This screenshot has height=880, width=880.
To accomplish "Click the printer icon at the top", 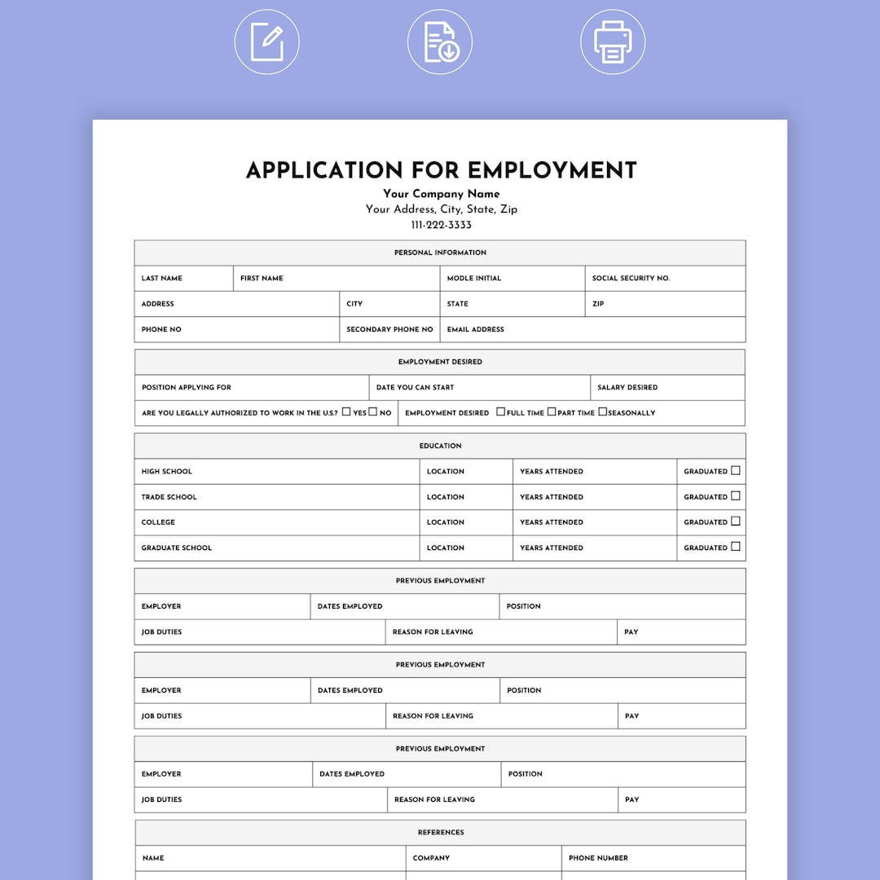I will [x=613, y=42].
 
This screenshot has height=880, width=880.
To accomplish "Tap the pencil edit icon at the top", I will [x=267, y=42].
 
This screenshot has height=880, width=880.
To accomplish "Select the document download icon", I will [x=440, y=42].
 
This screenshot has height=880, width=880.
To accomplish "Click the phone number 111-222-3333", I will [x=441, y=225].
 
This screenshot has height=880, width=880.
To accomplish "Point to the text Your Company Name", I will [x=441, y=194].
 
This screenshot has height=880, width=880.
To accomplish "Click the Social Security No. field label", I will [x=631, y=279].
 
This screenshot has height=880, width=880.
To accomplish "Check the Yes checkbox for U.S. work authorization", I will [x=346, y=412].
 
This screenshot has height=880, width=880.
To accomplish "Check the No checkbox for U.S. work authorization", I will [x=373, y=412].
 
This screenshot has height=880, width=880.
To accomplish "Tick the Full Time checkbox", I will [x=500, y=412].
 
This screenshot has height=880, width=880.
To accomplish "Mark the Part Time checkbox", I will [x=552, y=412].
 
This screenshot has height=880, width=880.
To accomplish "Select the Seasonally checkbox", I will [x=603, y=412].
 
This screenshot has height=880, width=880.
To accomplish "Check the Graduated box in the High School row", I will [x=736, y=470].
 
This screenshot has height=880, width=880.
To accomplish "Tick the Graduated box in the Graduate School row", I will [x=736, y=547].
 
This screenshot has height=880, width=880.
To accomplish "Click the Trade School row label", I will [x=169, y=497].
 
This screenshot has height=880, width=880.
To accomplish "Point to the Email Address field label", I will [x=475, y=330].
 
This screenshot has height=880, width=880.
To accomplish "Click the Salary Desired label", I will [x=627, y=388].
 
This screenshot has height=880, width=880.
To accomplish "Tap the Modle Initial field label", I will [x=473, y=279].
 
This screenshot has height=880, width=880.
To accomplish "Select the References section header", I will [x=441, y=833].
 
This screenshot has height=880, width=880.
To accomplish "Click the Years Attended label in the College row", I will [x=551, y=522].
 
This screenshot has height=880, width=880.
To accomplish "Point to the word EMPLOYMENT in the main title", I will [x=552, y=170].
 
